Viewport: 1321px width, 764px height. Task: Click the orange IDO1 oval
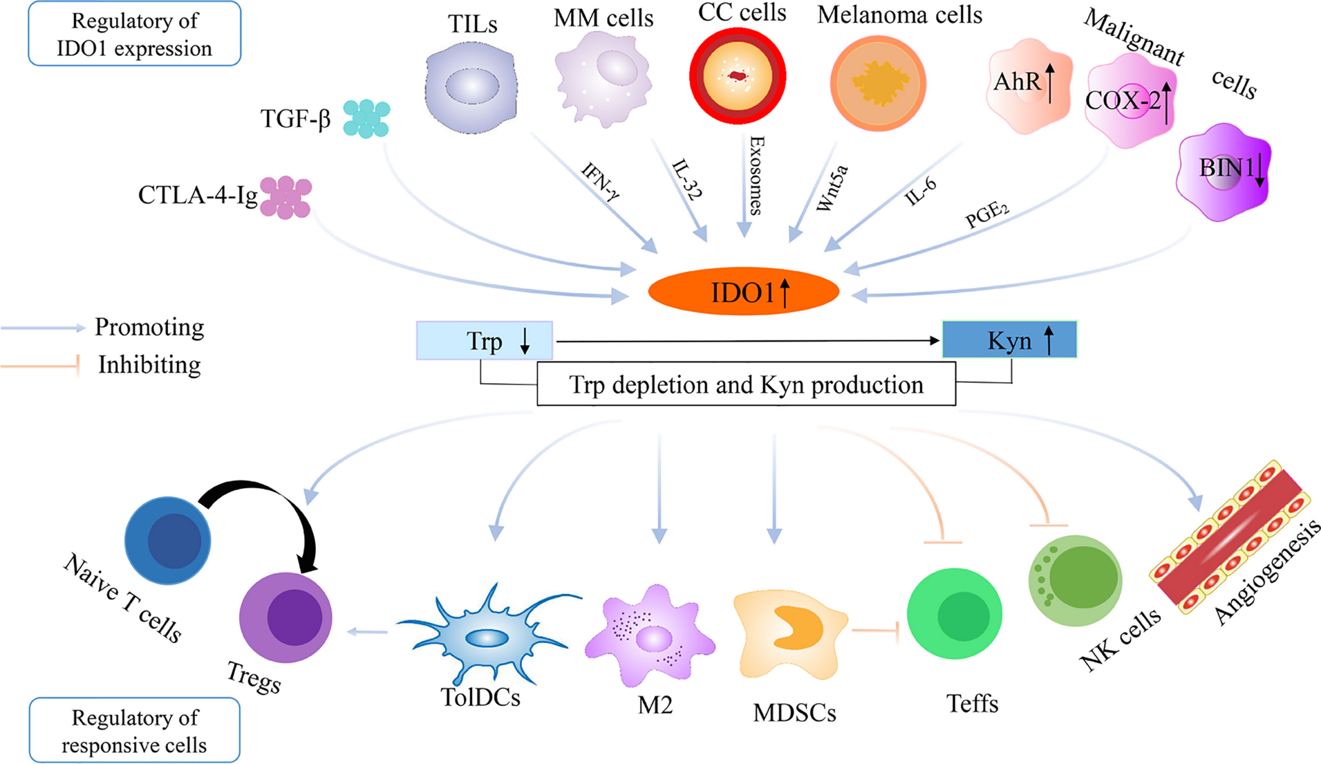click(744, 292)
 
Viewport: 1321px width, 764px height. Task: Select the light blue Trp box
click(484, 341)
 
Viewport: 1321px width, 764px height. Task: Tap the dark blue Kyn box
click(1009, 340)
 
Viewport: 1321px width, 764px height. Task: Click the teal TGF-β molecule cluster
click(366, 119)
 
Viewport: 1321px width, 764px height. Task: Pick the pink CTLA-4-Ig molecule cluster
click(286, 197)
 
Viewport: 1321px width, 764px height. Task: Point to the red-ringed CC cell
click(737, 76)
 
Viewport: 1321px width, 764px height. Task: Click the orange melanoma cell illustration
click(878, 83)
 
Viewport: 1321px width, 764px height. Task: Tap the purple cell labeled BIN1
click(1223, 172)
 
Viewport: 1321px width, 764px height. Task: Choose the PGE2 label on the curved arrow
click(987, 215)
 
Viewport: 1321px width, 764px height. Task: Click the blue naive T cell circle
click(167, 540)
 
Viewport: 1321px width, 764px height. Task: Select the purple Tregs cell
click(286, 617)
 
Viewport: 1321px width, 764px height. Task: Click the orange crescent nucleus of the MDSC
click(797, 627)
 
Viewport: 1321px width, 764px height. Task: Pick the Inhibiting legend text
click(150, 365)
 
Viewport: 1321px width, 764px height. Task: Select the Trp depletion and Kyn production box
click(746, 385)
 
